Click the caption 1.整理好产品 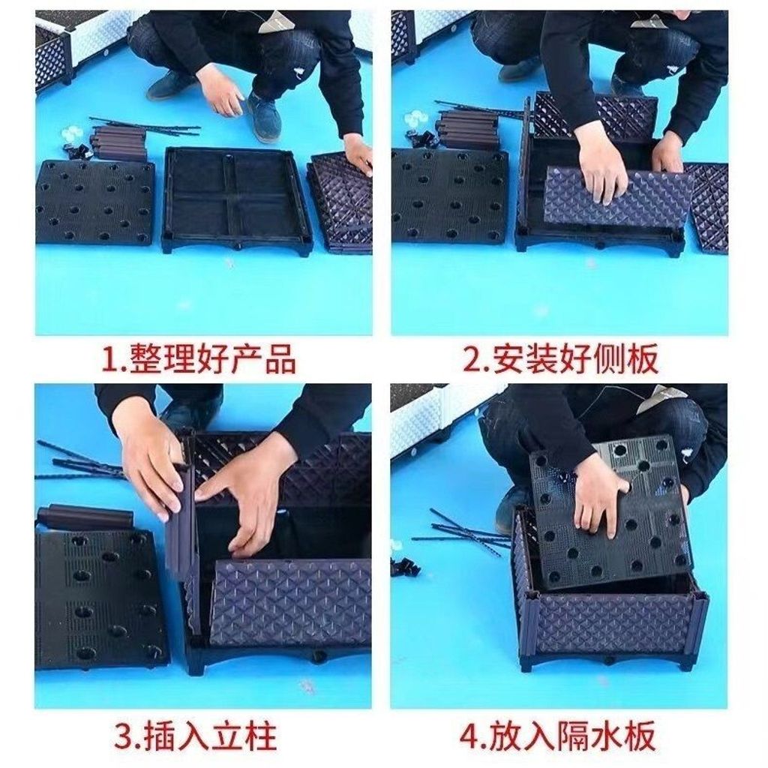coord(198,359)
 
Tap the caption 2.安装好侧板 coord(560,359)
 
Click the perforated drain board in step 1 coord(95,201)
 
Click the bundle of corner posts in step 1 coord(119,142)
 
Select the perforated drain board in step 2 coord(450,196)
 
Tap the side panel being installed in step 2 coord(618,197)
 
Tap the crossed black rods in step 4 coord(462,531)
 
